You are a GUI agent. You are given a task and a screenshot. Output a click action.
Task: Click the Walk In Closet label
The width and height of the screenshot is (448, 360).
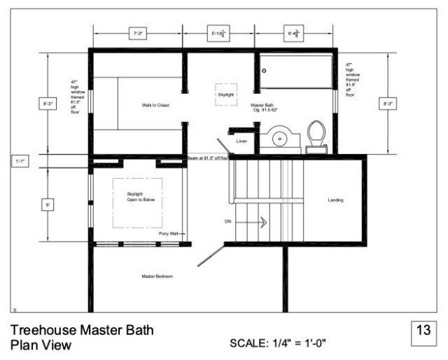(156, 105)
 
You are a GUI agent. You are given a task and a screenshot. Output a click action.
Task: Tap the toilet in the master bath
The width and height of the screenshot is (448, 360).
(316, 135)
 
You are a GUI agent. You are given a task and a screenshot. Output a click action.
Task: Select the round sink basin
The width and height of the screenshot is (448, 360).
(280, 137)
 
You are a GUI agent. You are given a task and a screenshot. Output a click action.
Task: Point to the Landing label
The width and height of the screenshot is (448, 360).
(335, 200)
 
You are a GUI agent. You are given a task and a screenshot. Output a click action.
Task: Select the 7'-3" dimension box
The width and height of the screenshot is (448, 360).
(138, 32)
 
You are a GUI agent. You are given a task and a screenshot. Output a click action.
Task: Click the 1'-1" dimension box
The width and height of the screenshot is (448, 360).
(20, 161)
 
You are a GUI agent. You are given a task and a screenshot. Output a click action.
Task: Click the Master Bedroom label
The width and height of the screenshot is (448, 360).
(157, 276)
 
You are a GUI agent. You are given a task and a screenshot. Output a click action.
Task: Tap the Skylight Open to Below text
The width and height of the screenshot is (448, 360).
(140, 197)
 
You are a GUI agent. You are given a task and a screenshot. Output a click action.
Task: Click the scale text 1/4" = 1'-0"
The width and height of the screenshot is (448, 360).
(278, 343)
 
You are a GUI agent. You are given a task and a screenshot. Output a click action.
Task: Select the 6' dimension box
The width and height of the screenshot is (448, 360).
(48, 205)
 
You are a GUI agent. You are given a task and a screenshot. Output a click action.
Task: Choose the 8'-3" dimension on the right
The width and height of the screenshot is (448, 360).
(387, 104)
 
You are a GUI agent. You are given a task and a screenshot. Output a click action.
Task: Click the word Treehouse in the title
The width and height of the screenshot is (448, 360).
(43, 330)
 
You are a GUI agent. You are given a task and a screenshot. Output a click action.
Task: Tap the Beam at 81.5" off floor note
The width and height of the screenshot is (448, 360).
(209, 159)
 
